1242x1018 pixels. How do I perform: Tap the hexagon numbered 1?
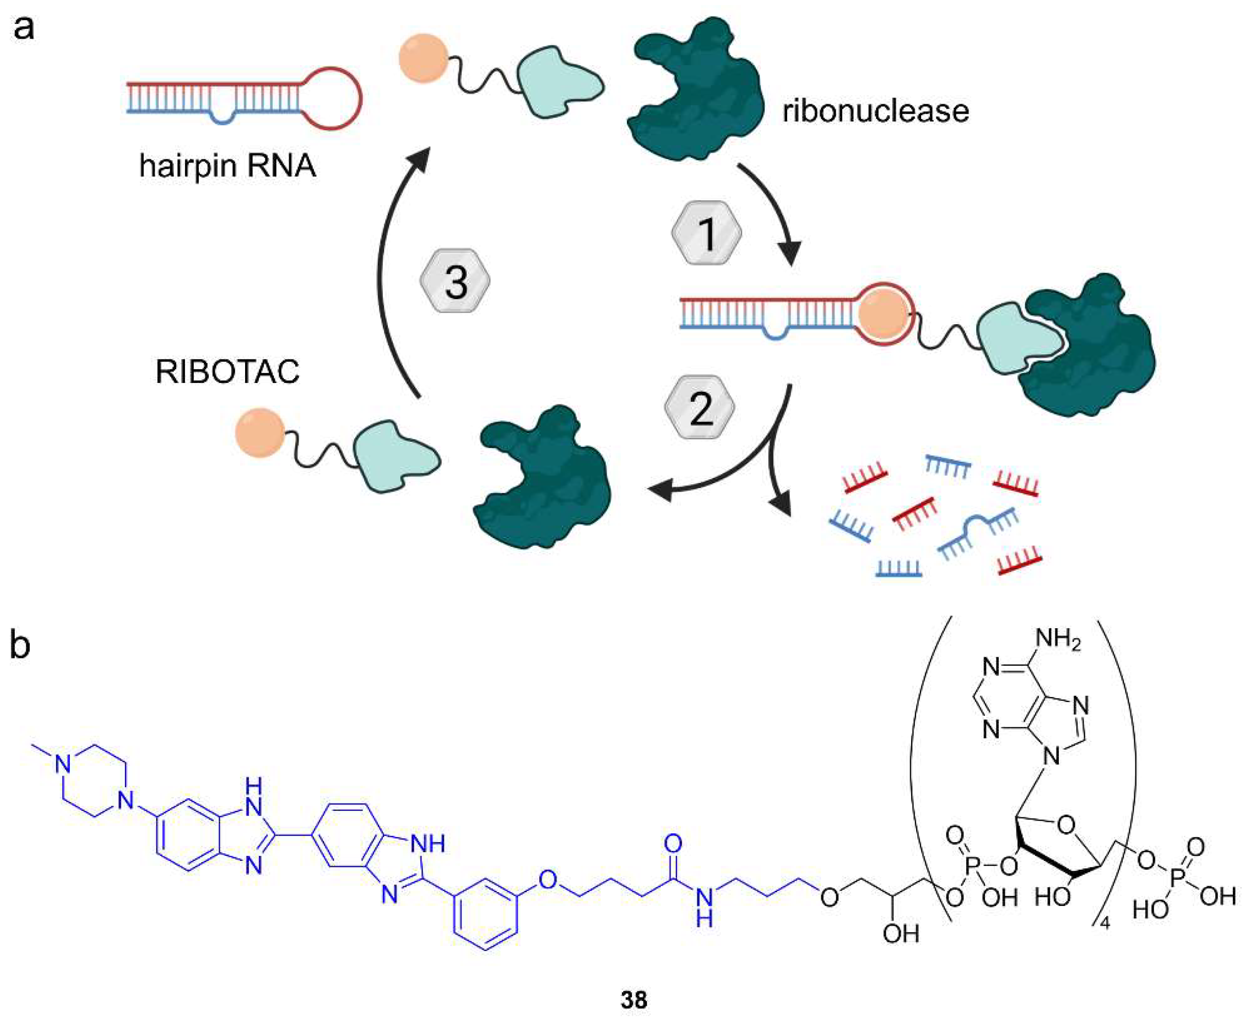click(x=706, y=233)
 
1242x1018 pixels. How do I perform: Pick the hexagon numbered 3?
click(x=455, y=280)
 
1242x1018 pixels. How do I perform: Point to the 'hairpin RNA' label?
click(x=227, y=165)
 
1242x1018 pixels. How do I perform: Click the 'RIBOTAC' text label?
click(x=227, y=372)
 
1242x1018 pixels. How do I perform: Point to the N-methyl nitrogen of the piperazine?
click(x=63, y=763)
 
